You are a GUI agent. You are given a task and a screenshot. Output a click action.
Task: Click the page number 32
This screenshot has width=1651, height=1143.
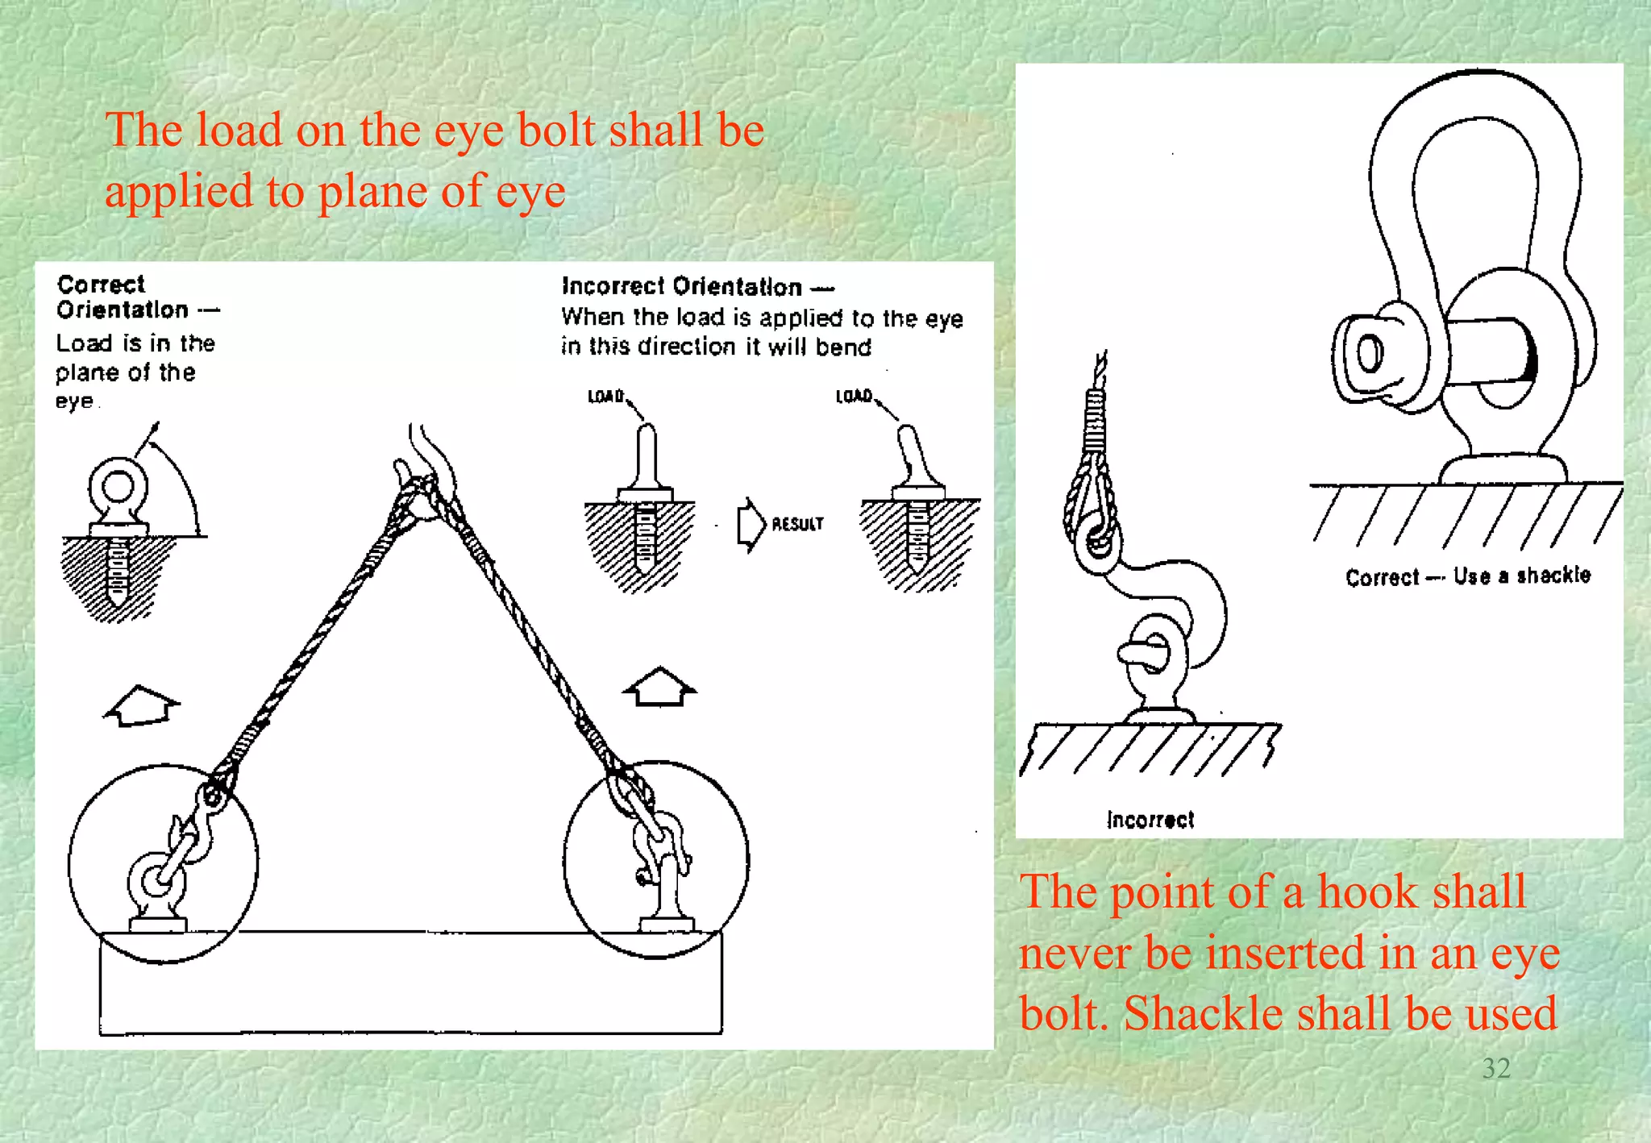1495,1068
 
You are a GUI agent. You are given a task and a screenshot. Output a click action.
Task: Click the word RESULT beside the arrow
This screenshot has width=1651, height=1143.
797,524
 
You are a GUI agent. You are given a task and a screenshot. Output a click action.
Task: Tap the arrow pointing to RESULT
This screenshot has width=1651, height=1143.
751,525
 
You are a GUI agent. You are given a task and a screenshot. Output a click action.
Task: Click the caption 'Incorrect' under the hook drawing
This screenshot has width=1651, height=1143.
1150,820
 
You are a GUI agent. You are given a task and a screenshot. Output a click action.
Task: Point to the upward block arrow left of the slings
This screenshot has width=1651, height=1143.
142,705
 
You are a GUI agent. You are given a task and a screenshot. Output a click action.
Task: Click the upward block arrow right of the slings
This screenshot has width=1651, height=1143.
659,688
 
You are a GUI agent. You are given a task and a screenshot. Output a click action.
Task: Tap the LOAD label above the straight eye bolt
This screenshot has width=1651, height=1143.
605,397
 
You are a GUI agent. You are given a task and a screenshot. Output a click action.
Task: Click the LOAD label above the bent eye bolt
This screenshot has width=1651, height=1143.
854,396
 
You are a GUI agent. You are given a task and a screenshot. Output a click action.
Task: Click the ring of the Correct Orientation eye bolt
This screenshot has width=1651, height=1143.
119,486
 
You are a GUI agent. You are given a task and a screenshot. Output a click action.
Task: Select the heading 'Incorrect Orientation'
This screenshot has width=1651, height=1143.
682,287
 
